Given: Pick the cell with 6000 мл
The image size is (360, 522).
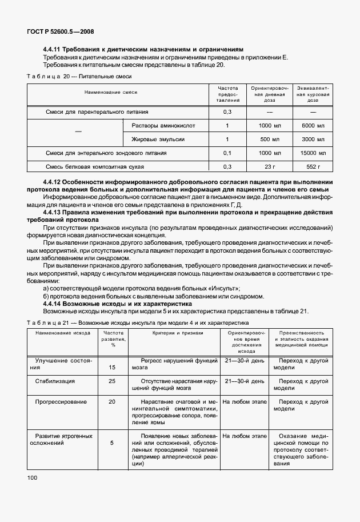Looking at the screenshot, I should pyautogui.click(x=313, y=125).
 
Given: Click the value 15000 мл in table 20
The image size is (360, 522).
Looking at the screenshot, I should pyautogui.click(x=313, y=153).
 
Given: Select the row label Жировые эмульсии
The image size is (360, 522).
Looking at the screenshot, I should pyautogui.click(x=158, y=139).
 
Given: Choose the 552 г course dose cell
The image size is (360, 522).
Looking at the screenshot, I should pyautogui.click(x=313, y=167).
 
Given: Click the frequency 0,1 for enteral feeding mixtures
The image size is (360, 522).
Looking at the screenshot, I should pyautogui.click(x=227, y=153).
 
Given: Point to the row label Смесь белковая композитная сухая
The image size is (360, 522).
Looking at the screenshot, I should pyautogui.click(x=94, y=167).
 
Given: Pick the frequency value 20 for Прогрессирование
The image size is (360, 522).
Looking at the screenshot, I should pyautogui.click(x=112, y=402).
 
